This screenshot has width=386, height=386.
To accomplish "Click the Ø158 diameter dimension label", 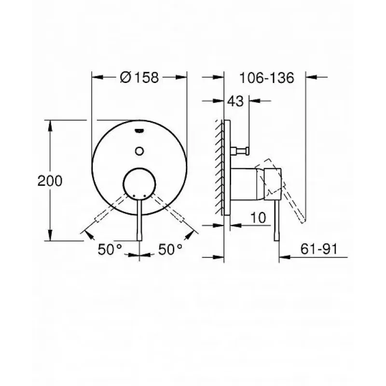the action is point(139,77).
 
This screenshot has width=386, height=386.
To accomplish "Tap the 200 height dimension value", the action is point(50,181).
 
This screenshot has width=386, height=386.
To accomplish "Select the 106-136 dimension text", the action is point(267,78).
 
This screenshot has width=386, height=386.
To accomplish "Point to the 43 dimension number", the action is point(235,101).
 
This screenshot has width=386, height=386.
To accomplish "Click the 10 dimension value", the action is point(258,218).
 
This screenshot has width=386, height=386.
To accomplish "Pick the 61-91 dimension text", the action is point(319,249).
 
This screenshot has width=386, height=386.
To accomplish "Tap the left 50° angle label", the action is point(110,249).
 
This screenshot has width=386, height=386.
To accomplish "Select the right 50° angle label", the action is point(170,249).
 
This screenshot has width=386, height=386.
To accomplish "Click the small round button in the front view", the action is point(139,151).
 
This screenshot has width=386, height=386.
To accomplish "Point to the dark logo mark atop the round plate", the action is point(139,130).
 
